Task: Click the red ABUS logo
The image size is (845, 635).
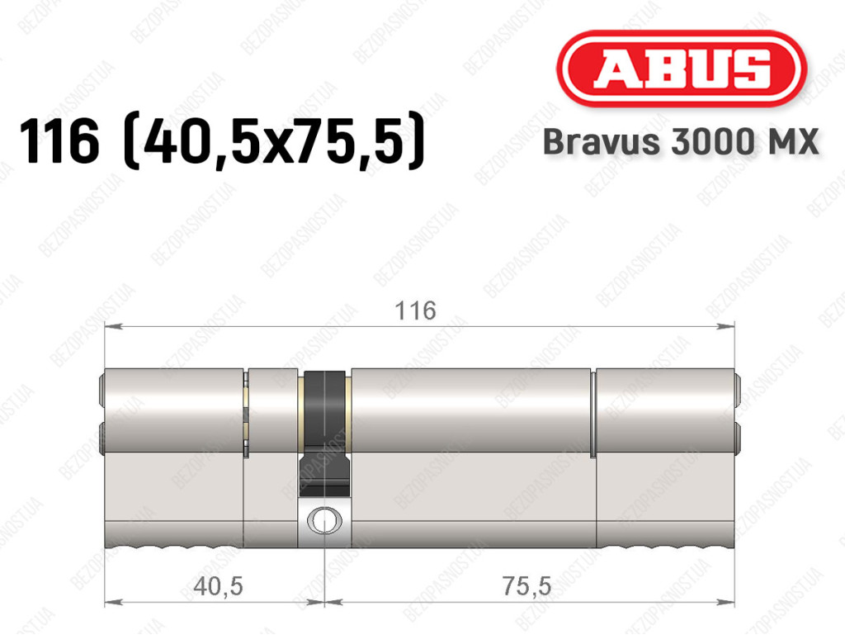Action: click(x=681, y=69)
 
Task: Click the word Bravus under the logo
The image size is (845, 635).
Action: click(x=602, y=142)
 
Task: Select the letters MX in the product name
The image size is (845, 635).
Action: click(x=791, y=142)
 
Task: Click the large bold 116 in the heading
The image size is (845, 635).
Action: click(x=59, y=141)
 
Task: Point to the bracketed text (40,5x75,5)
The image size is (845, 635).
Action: click(x=275, y=140)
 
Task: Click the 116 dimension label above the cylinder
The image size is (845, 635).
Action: click(x=415, y=311)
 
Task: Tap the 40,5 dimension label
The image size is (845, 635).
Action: click(x=218, y=586)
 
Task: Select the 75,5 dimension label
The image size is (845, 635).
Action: click(x=527, y=586)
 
